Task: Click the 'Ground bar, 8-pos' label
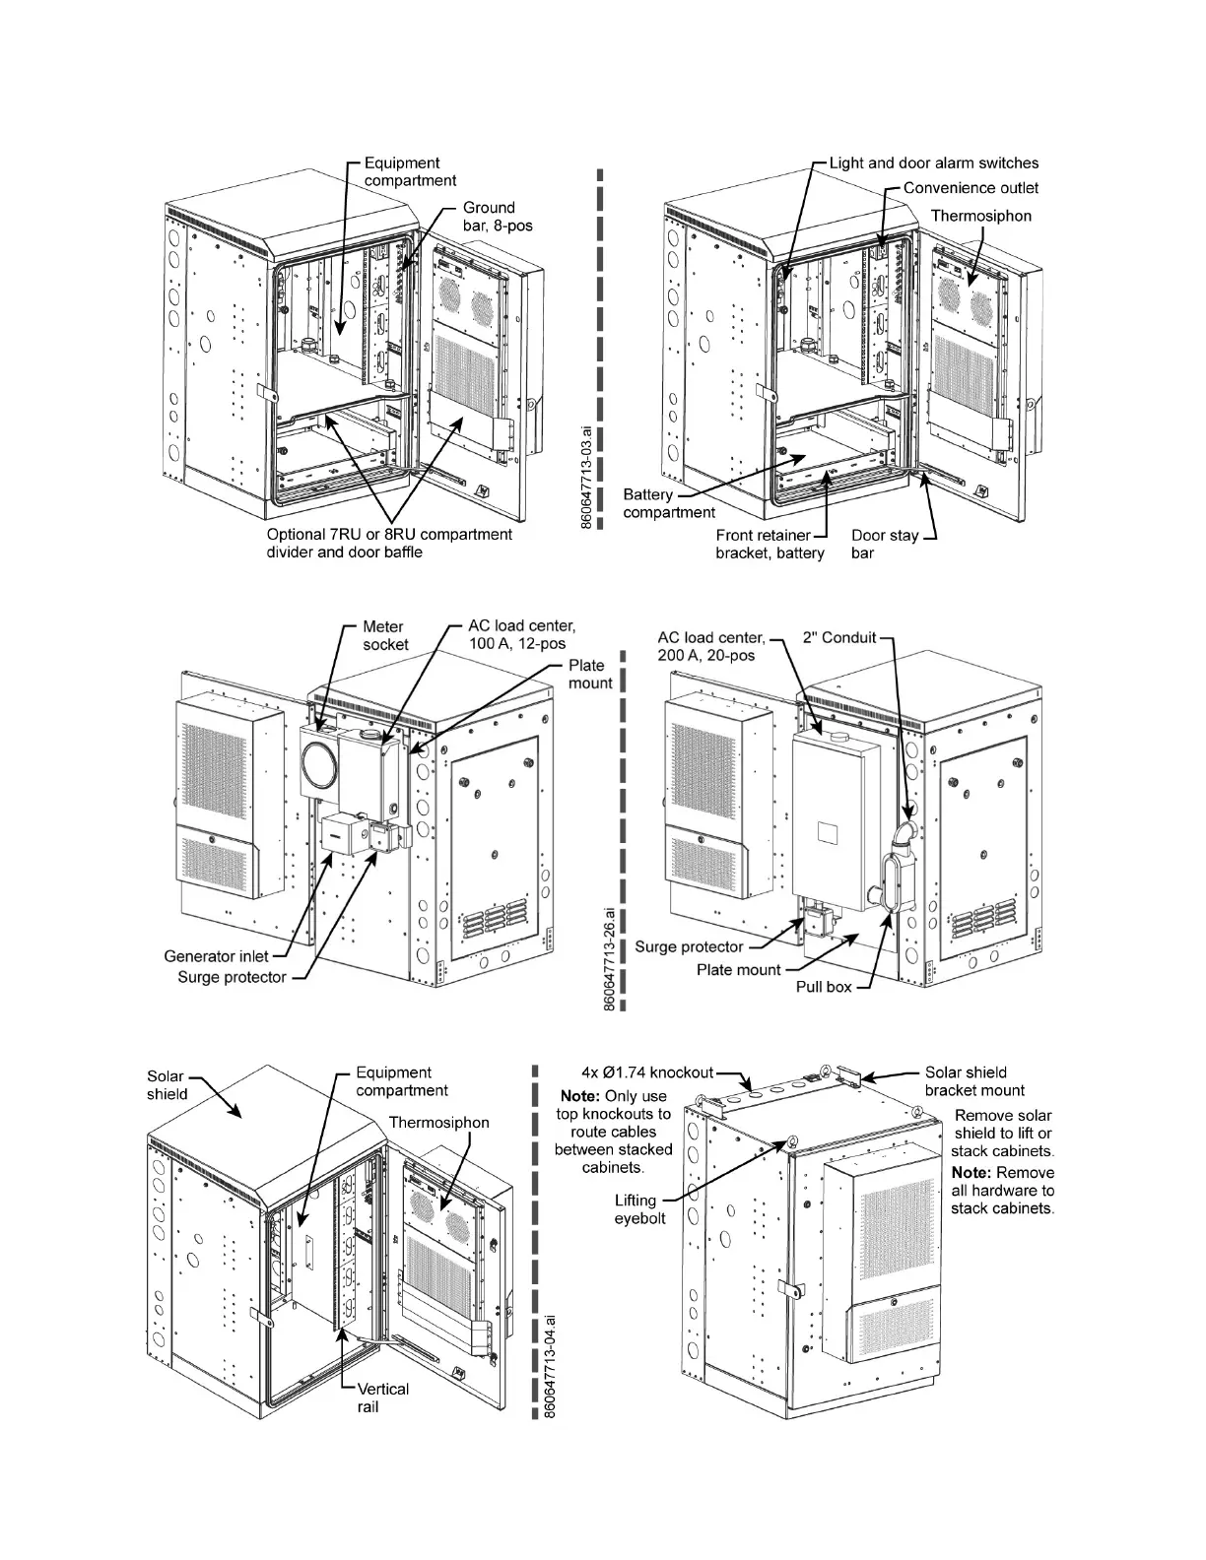tap(498, 217)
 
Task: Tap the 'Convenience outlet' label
tap(970, 188)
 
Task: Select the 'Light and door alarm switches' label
tap(933, 162)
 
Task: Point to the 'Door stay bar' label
tap(884, 545)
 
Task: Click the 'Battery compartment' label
tap(669, 503)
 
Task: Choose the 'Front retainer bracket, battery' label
tap(770, 545)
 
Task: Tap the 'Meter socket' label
tap(385, 635)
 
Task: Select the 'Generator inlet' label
tap(214, 956)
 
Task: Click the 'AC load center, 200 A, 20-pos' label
tap(711, 646)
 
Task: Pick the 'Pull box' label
tap(823, 986)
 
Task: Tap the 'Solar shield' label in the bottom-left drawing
tap(167, 1085)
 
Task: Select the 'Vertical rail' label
tap(382, 1397)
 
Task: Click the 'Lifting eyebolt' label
tap(636, 1209)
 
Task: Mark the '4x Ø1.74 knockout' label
tap(646, 1072)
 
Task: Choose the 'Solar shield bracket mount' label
tap(974, 1081)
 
